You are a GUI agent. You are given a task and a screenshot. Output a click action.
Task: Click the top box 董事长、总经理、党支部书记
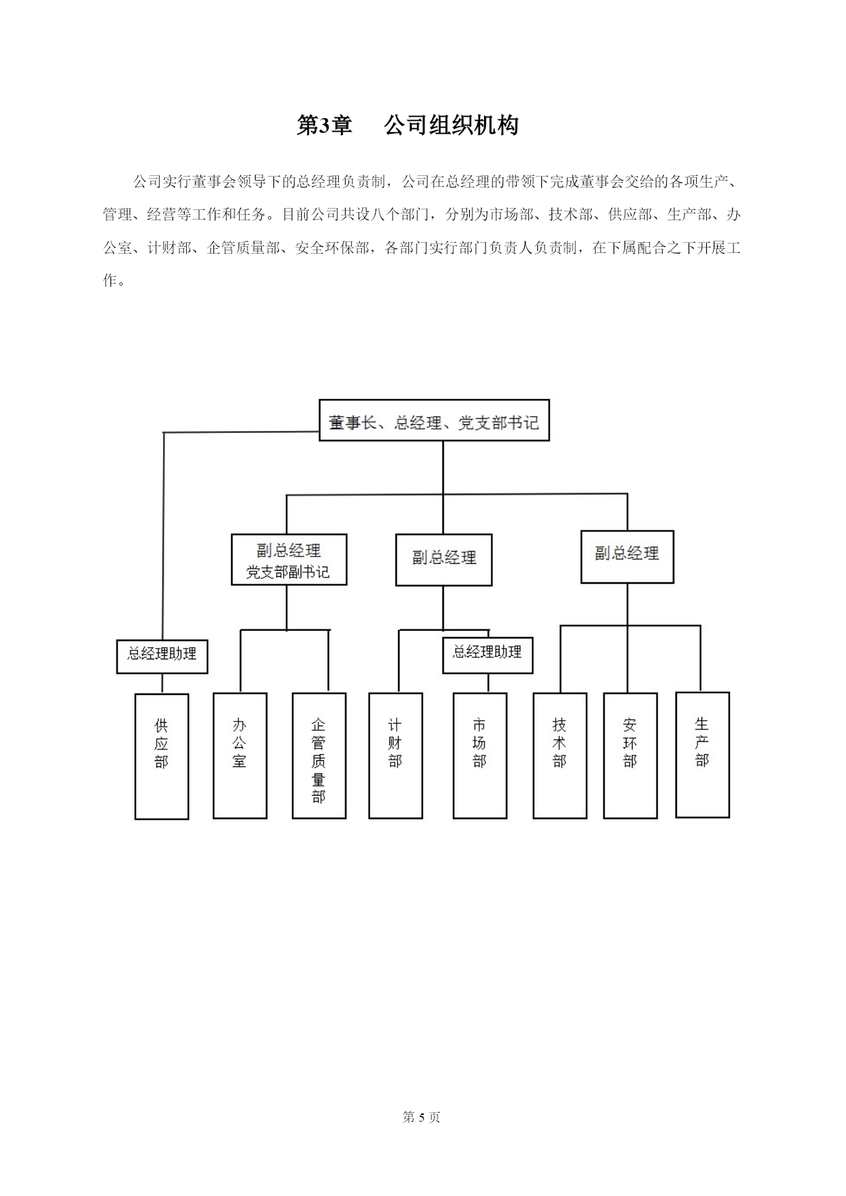[434, 420]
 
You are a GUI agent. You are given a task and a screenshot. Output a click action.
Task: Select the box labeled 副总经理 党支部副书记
[289, 560]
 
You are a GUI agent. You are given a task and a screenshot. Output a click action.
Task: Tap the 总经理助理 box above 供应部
[162, 656]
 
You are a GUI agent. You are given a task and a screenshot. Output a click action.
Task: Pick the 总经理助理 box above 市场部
[487, 655]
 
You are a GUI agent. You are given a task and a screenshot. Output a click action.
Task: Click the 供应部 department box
[162, 756]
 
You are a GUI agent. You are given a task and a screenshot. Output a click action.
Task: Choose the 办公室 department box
[240, 756]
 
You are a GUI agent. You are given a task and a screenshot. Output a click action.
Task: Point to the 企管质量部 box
[319, 756]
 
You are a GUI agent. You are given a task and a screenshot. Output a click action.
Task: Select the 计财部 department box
[395, 756]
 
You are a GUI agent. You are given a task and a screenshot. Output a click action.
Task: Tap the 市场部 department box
[480, 756]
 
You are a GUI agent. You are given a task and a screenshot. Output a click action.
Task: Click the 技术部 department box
[560, 756]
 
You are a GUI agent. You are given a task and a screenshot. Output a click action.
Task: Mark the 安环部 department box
[631, 756]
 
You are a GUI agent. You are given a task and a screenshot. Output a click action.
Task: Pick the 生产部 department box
[703, 755]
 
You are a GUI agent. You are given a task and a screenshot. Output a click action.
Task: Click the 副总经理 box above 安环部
[627, 557]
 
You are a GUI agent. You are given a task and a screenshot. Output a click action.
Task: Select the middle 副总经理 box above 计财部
[444, 560]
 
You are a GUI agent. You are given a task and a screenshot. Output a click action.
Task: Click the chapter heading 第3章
[324, 125]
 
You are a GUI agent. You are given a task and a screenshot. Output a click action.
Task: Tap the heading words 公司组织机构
[451, 125]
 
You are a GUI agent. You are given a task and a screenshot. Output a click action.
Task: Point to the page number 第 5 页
[422, 1117]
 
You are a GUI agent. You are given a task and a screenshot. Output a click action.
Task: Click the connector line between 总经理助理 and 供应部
[162, 684]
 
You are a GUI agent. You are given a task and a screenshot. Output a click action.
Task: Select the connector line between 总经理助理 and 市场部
[488, 683]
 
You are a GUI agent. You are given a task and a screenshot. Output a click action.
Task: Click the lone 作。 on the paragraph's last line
[114, 280]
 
